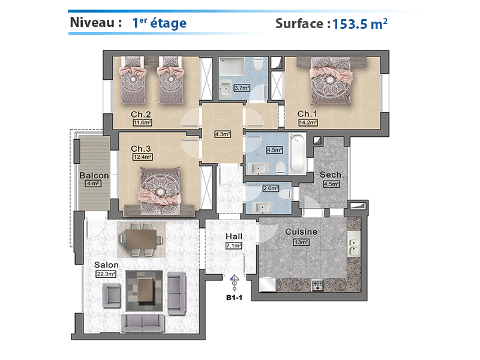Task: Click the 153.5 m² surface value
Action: [x=359, y=24]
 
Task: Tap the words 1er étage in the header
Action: [x=159, y=23]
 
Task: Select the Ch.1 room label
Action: [x=307, y=114]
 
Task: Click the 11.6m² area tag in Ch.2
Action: [x=143, y=123]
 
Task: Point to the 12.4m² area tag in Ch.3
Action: [x=143, y=157]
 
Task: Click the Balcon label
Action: [x=94, y=175]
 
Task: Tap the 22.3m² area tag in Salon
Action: [x=106, y=274]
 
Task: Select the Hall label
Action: [x=234, y=236]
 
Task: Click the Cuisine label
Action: [x=301, y=232]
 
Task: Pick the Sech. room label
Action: [x=332, y=175]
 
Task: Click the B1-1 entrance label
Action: [x=234, y=298]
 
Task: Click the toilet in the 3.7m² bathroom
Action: [x=259, y=64]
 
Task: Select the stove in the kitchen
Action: [x=317, y=286]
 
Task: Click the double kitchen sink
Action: [x=354, y=244]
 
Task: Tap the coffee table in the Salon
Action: [x=145, y=290]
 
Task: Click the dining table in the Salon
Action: [x=142, y=239]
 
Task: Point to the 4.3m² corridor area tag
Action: [x=223, y=134]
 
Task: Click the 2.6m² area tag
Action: [x=271, y=188]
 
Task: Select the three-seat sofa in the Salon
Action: [x=143, y=323]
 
